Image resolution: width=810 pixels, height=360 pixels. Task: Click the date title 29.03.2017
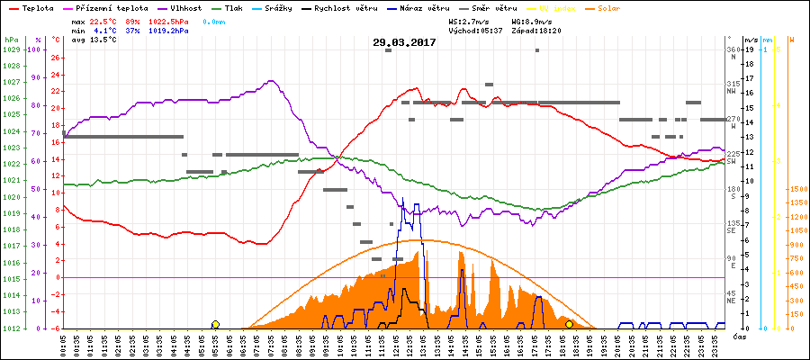(404, 42)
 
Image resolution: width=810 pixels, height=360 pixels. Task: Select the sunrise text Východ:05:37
(474, 30)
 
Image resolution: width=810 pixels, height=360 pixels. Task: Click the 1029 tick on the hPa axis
(11, 49)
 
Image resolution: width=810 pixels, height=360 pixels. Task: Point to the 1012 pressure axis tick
(11, 328)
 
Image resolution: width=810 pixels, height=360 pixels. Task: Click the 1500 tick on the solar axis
(797, 189)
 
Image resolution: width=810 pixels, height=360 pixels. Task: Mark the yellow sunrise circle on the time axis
(215, 325)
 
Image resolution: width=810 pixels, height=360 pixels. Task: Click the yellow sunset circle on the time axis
(569, 325)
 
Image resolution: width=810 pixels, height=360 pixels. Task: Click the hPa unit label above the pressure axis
(10, 40)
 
